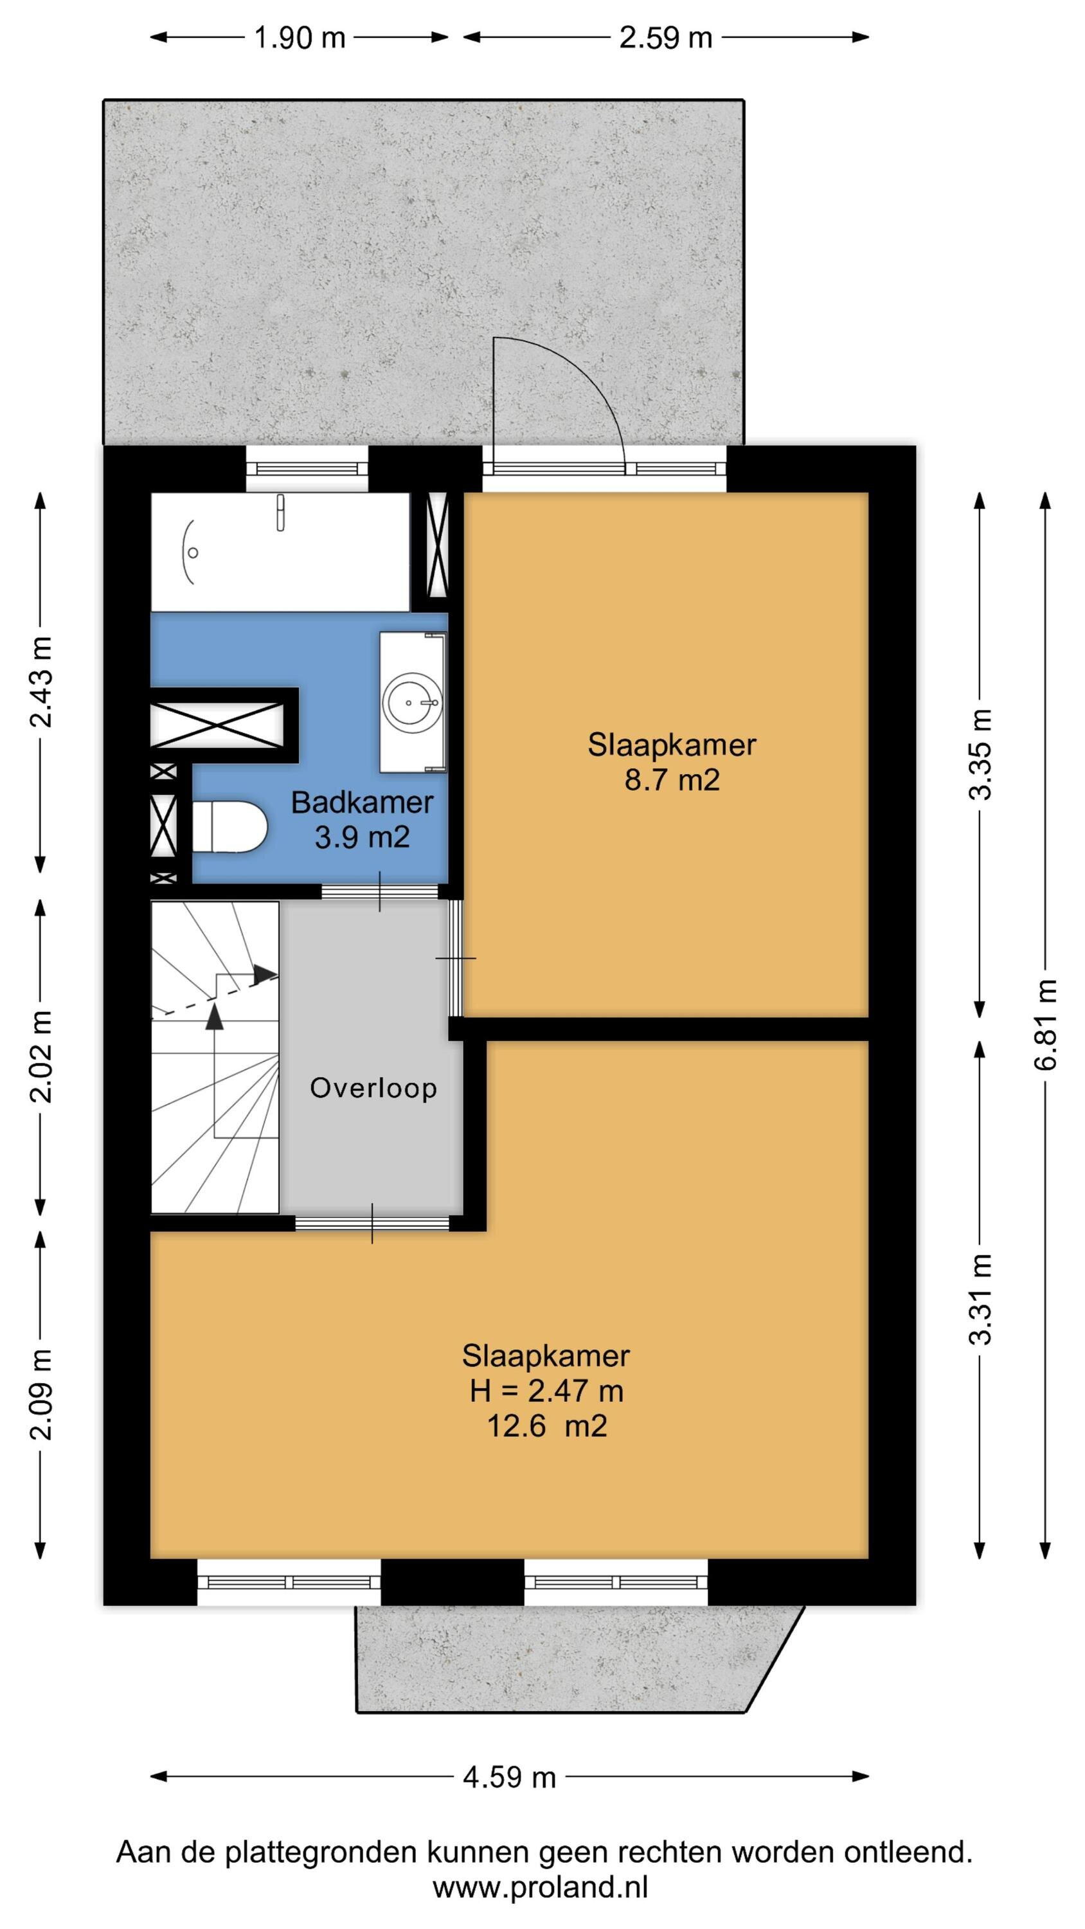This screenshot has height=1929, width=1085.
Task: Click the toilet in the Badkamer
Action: coord(229,827)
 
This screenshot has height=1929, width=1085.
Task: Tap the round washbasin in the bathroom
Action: coord(412,702)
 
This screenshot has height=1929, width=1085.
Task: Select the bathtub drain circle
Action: coord(192,552)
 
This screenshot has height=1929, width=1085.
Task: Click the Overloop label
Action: coord(373,1088)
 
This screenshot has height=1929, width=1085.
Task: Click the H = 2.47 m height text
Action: coord(546,1391)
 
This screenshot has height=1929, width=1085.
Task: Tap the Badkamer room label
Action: coord(362,802)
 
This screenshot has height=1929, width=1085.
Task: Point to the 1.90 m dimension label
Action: coord(300,37)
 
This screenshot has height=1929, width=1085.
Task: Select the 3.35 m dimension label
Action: coord(981,754)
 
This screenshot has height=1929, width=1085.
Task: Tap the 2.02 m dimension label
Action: coord(41,1056)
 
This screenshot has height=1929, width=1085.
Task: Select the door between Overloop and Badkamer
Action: coord(380,891)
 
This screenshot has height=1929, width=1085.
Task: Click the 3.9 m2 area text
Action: coord(362,837)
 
